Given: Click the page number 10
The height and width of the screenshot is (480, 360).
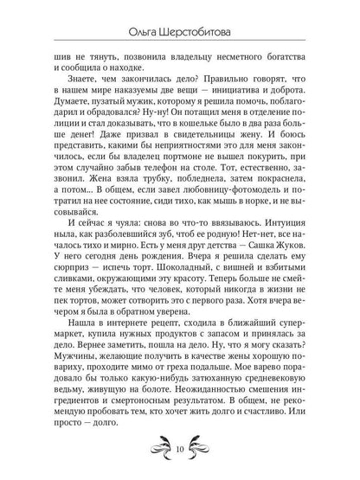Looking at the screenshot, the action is [x=180, y=450].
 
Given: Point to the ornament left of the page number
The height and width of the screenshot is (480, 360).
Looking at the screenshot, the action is [x=155, y=449].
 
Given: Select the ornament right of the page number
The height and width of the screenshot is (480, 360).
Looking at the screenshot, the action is [x=206, y=449].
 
